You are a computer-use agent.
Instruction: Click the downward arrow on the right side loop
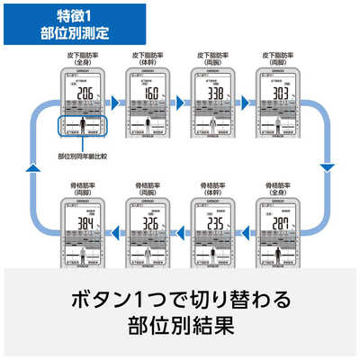[x=328, y=167]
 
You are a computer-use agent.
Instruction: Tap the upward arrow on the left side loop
[x=31, y=167]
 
